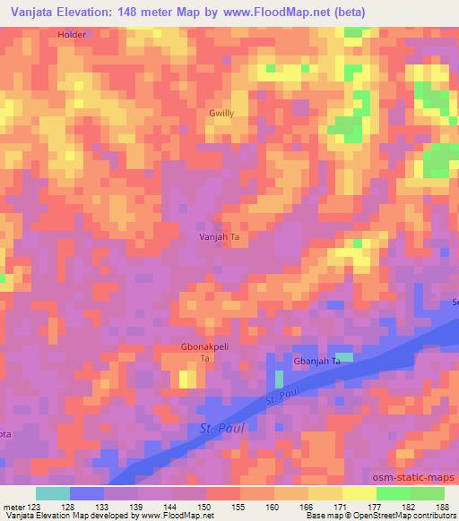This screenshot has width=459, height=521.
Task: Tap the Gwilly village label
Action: (x=221, y=114)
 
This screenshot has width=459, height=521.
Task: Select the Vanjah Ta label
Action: (x=218, y=237)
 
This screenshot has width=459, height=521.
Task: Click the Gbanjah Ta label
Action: (x=318, y=361)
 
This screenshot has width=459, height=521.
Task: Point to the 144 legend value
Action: (x=171, y=508)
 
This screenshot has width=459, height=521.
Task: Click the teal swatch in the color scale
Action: (x=53, y=493)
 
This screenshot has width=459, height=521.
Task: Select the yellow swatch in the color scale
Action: (x=359, y=493)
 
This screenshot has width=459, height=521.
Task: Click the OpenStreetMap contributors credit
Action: (x=412, y=516)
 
